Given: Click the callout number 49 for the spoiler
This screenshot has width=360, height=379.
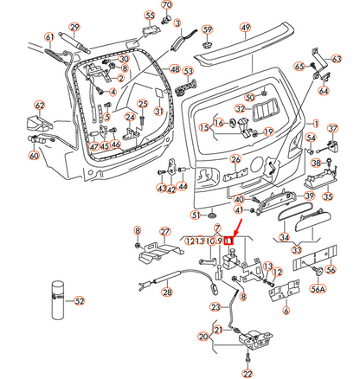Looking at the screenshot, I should coord(245,28).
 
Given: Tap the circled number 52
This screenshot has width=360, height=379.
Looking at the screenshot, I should coord(80,301).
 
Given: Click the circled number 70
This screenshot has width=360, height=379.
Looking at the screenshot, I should coord(167,6).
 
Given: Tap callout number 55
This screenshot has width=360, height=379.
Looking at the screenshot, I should coord(150,16).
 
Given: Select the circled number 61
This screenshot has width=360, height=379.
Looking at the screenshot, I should coord(48,36).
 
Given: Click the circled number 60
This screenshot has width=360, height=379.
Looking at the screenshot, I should coord(33,156).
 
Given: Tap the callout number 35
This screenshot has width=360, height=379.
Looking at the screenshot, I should coord(327,196).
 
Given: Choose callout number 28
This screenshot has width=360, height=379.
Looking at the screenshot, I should coord(167,293).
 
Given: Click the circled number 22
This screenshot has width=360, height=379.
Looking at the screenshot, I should coord(248,372).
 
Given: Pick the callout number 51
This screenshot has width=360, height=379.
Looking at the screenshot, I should coord(196,215).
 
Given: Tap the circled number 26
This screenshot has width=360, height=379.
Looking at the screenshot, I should coord(235,159).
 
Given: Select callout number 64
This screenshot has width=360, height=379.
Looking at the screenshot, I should coord(324,90).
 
